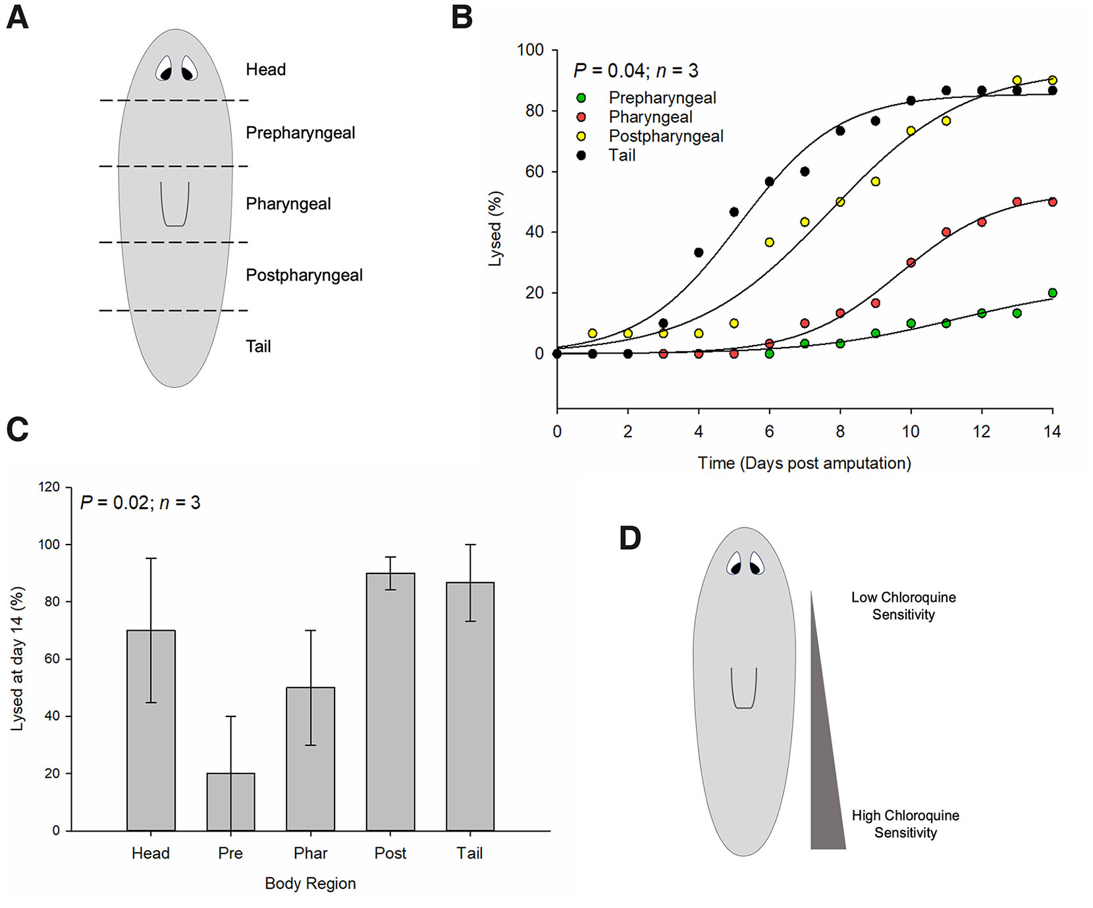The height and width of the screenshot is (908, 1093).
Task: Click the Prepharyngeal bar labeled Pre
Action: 230,802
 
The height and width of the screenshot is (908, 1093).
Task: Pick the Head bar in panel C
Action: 151,730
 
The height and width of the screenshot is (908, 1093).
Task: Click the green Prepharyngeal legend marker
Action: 581,98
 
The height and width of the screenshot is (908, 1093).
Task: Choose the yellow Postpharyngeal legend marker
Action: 581,136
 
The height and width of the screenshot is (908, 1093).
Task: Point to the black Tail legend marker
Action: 581,155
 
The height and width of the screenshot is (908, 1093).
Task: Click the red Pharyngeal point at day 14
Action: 1052,202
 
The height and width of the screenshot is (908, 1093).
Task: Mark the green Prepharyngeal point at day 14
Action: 1052,293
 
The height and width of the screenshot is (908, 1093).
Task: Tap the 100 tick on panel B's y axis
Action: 531,50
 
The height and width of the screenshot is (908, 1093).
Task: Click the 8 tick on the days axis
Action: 840,432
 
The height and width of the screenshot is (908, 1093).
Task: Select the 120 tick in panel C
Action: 49,487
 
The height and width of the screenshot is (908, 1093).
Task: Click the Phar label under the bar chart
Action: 310,853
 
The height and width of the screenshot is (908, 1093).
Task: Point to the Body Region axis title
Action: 310,884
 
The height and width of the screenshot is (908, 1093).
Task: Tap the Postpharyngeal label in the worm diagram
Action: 304,275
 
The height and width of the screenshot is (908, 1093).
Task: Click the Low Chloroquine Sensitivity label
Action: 903,606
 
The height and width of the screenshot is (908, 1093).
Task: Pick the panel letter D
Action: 630,539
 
